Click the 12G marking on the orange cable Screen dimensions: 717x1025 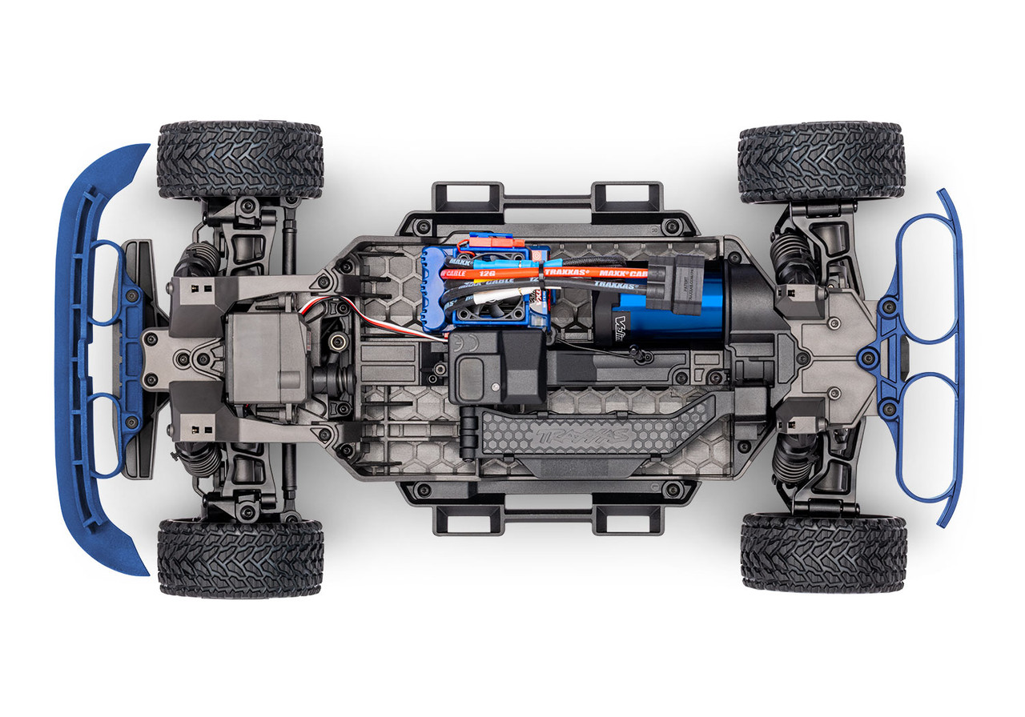click(x=488, y=273)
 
